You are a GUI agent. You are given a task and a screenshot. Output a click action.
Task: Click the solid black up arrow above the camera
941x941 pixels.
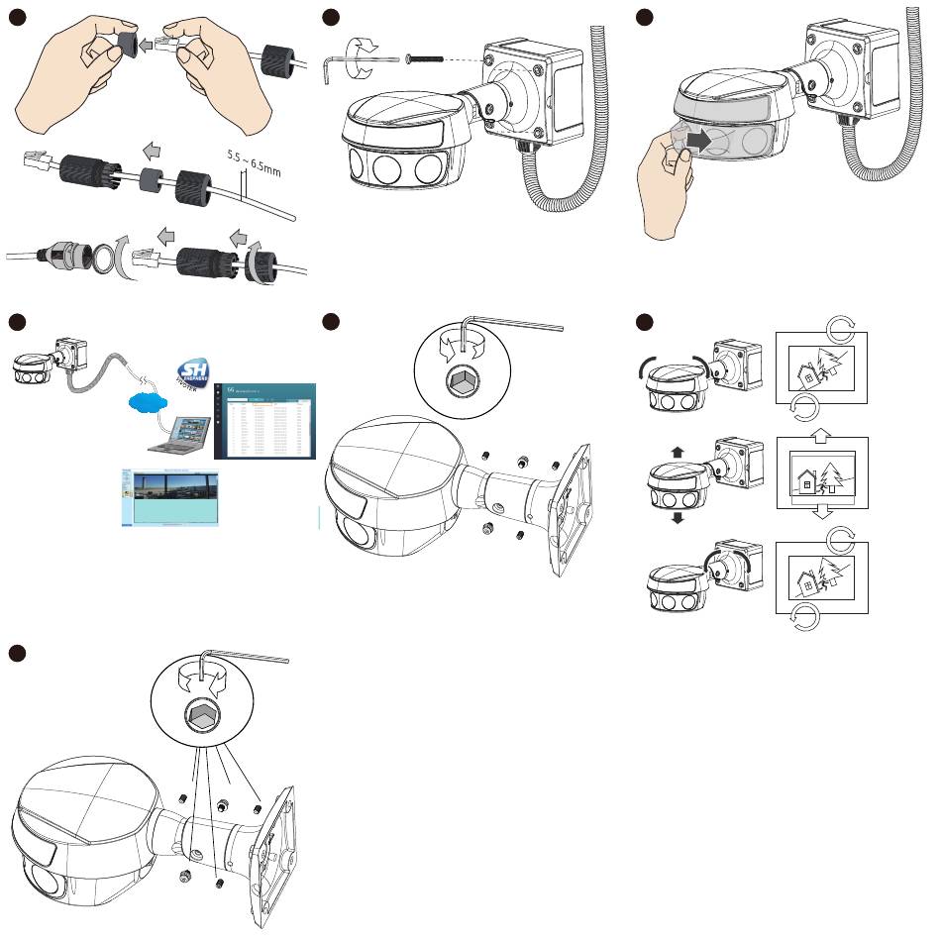(x=678, y=451)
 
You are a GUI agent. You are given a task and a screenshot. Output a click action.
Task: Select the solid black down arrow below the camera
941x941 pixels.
(x=678, y=518)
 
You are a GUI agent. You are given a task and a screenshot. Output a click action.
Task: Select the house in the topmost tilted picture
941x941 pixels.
(x=809, y=373)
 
